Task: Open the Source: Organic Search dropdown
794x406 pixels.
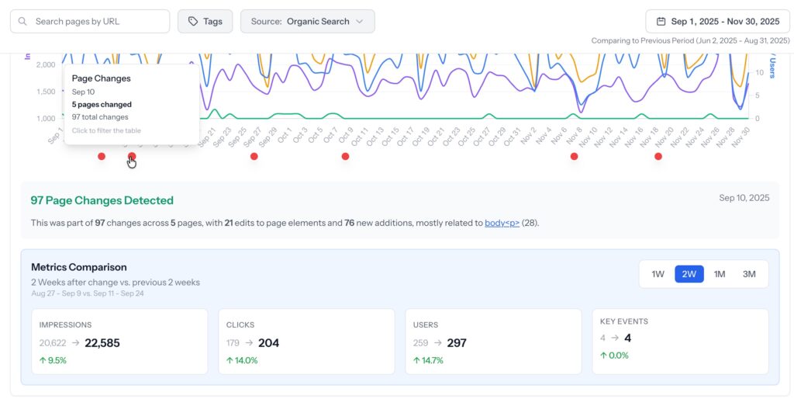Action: tap(308, 22)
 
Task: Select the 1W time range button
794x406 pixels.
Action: tap(658, 274)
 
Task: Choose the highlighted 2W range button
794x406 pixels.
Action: tap(689, 274)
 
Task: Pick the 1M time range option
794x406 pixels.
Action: tap(720, 274)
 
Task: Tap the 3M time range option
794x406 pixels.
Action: tap(749, 274)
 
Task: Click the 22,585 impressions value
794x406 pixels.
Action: tap(102, 342)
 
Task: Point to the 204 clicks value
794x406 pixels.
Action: tap(268, 342)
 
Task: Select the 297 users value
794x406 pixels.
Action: tap(457, 342)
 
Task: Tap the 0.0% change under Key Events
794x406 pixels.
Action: tap(618, 356)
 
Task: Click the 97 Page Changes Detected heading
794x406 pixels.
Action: tap(102, 200)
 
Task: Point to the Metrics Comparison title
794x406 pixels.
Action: tap(79, 266)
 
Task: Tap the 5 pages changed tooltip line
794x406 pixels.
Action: tap(102, 104)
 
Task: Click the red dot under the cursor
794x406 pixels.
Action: tap(132, 157)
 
